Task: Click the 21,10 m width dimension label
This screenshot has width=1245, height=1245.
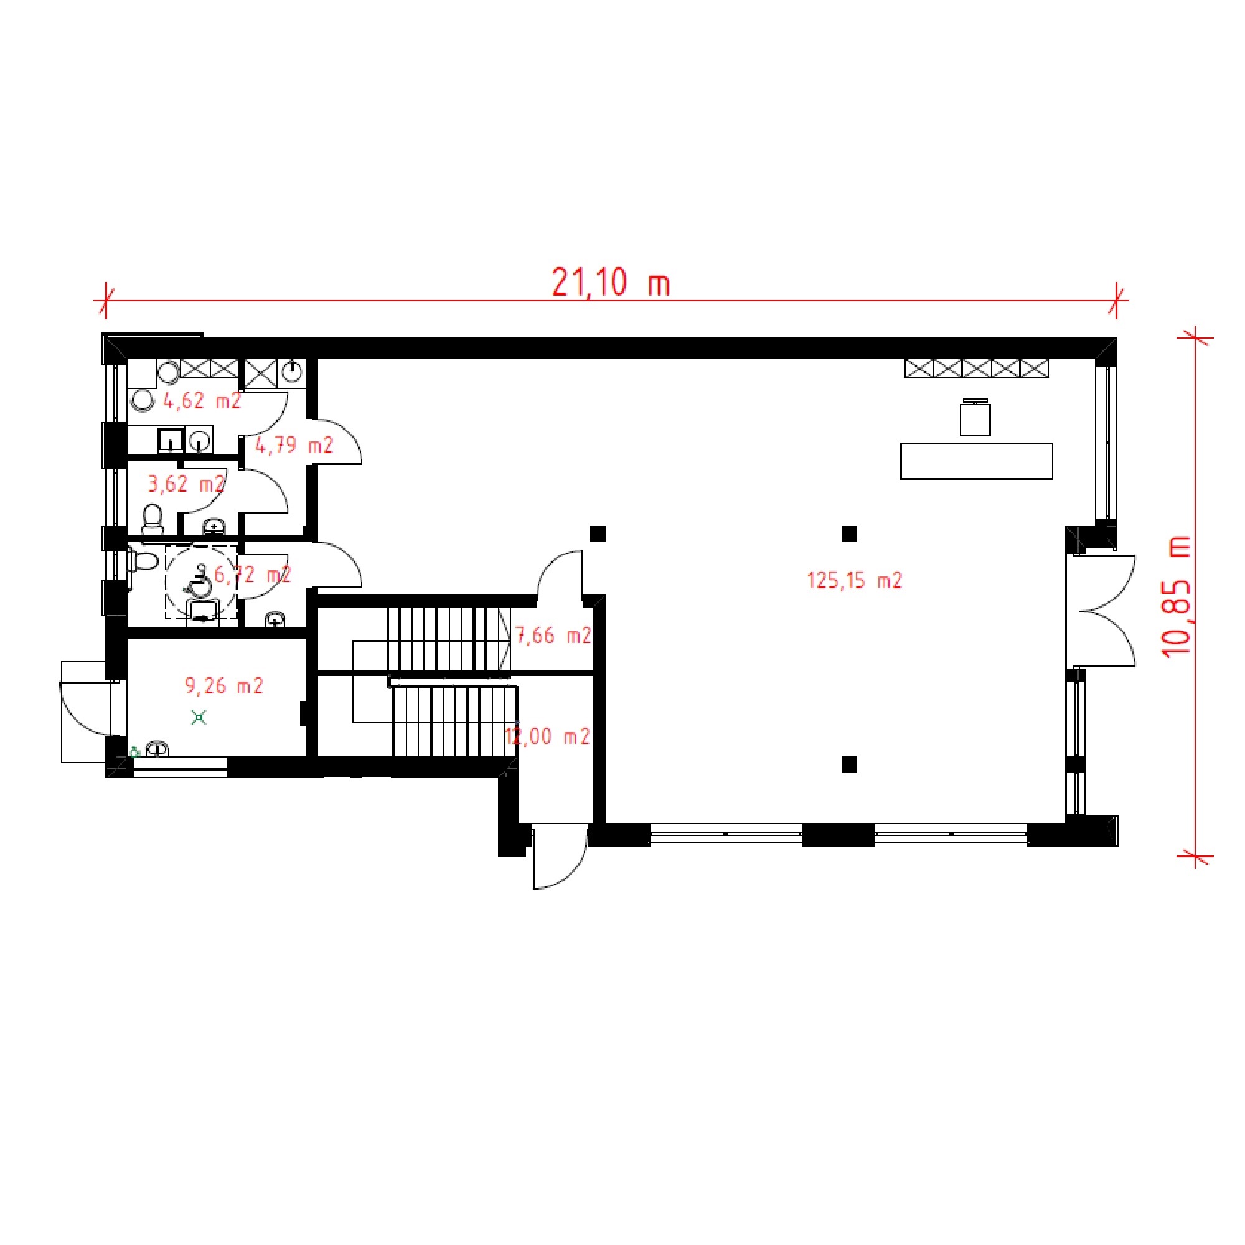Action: [x=610, y=283]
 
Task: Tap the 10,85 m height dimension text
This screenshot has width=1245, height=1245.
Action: [x=1177, y=596]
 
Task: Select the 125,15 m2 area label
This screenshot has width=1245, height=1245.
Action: [x=855, y=581]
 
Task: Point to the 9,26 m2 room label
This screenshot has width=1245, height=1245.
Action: [x=224, y=685]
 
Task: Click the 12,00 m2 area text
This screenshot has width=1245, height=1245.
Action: [x=547, y=736]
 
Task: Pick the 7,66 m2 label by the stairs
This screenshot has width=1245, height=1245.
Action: [x=553, y=636]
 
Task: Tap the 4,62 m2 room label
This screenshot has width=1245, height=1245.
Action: [x=202, y=401]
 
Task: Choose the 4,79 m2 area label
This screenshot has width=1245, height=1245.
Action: [x=294, y=445]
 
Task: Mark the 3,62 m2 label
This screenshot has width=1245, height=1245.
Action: [x=187, y=483]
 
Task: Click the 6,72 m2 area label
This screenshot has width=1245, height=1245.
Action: [x=253, y=574]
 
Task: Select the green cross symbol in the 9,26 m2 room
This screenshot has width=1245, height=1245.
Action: [x=199, y=716]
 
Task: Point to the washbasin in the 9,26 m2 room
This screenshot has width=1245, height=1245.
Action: [x=158, y=749]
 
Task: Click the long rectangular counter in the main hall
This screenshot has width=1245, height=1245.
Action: [x=976, y=461]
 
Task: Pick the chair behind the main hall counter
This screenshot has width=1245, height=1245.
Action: [x=975, y=418]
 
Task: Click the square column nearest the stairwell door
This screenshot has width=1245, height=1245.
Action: [x=598, y=533]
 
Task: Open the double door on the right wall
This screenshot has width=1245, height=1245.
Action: [x=1101, y=610]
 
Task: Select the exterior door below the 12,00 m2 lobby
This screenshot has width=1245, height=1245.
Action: [x=560, y=857]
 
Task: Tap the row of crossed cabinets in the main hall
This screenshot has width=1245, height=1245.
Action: [x=976, y=369]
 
